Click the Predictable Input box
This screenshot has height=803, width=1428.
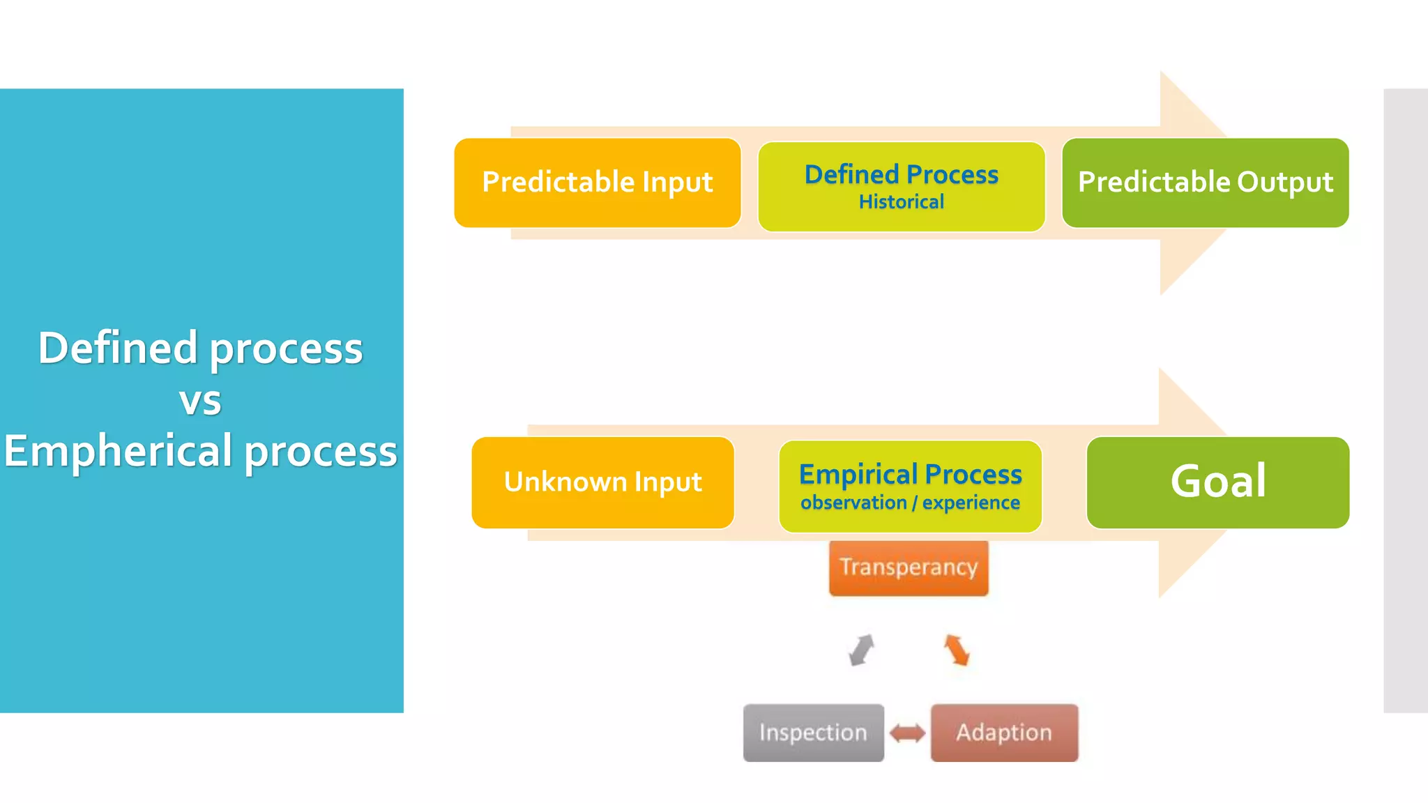[597, 183]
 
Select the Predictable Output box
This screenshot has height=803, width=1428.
[1205, 183]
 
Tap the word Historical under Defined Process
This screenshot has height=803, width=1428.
[901, 202]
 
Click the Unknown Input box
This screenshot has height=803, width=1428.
[602, 482]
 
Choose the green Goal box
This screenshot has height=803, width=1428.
[1217, 482]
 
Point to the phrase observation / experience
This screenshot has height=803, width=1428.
[910, 503]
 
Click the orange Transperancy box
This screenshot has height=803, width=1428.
[909, 567]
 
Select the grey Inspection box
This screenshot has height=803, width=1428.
[813, 733]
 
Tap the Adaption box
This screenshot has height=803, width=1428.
[1004, 733]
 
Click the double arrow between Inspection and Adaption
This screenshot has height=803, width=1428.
[907, 733]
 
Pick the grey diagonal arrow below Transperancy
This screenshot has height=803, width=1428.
[862, 650]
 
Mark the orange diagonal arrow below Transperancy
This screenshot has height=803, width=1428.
[957, 650]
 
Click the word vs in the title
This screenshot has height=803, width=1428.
[200, 401]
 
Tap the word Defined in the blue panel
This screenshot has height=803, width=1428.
[117, 348]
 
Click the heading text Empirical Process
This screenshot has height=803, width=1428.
[910, 475]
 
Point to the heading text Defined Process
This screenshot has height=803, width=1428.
[901, 174]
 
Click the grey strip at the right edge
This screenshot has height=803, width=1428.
[1406, 401]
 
